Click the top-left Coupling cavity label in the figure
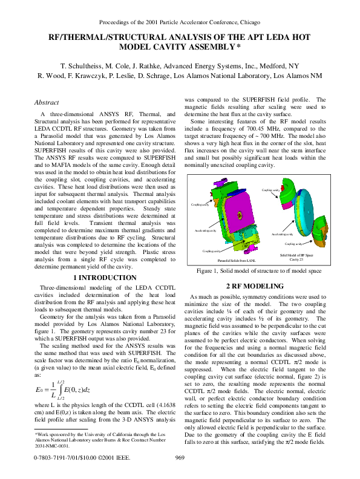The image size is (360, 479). point(200,205)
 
